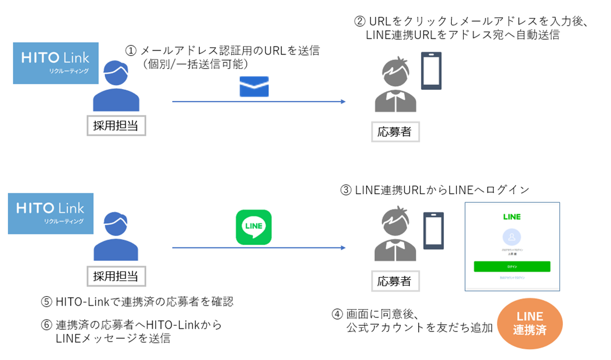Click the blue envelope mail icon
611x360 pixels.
[254, 86]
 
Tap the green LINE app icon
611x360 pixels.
[253, 227]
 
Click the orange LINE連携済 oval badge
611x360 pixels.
[529, 324]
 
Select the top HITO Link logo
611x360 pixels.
[55, 63]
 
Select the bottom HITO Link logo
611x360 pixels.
[50, 213]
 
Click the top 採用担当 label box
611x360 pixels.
[116, 126]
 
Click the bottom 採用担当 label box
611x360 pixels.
[116, 275]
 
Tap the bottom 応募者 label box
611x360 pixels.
[395, 280]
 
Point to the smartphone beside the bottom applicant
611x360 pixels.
[433, 230]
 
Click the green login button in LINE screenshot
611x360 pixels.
[512, 266]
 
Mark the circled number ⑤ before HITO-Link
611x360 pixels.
[47, 302]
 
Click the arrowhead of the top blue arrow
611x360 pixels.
[342, 101]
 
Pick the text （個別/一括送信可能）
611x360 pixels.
[196, 64]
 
